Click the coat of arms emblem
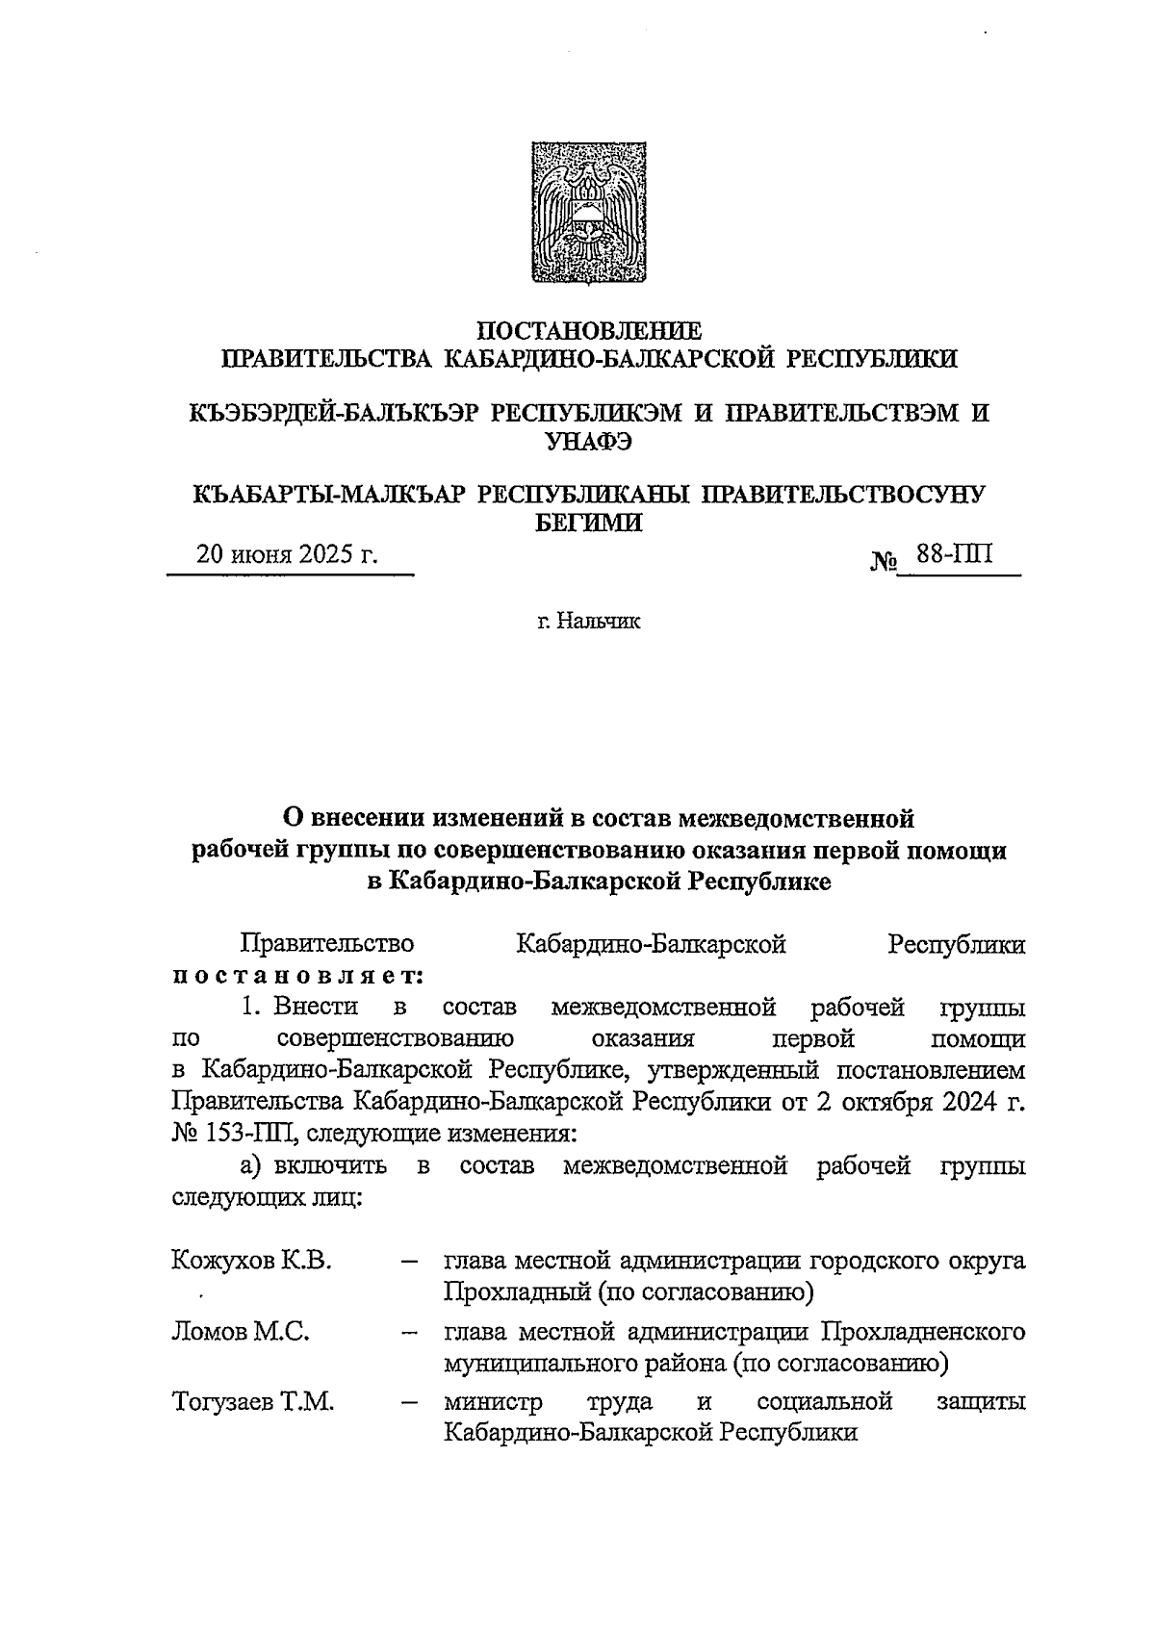(577, 213)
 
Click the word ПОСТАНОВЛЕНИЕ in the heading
(589, 331)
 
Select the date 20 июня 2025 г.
(287, 555)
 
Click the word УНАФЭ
(588, 442)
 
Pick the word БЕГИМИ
(588, 523)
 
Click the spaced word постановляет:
(298, 976)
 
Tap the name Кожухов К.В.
(252, 1260)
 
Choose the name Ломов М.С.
(241, 1332)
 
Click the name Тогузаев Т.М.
(253, 1402)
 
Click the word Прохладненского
(922, 1332)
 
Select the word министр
(493, 1402)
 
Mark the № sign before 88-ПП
(884, 559)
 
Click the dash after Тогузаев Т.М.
(409, 1403)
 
